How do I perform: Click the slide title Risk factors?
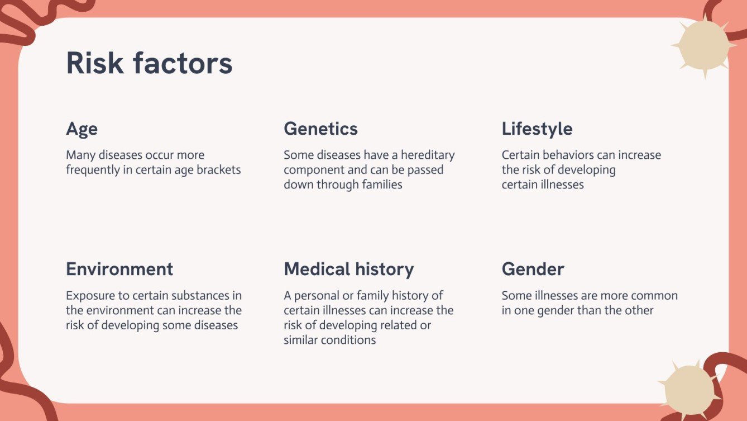click(x=149, y=63)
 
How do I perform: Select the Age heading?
click(x=82, y=129)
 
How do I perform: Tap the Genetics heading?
click(x=320, y=129)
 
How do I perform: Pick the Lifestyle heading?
click(x=537, y=129)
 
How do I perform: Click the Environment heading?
click(x=119, y=269)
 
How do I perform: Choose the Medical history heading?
click(x=348, y=269)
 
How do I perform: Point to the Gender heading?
click(x=533, y=269)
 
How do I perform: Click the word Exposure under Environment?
click(x=88, y=295)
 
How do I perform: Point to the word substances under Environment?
click(x=201, y=295)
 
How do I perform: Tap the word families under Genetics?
click(x=379, y=185)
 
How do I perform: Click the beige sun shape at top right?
click(x=703, y=46)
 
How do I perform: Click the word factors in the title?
click(x=183, y=63)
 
